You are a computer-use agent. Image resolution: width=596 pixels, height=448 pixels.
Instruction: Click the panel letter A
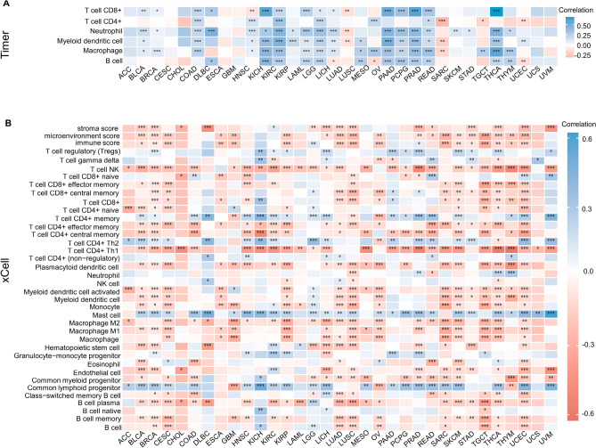6,5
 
